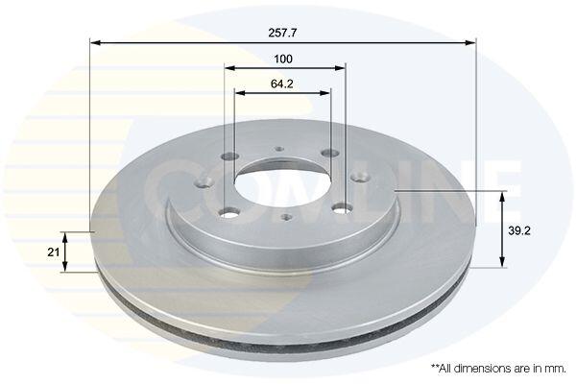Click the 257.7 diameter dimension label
tap(282, 33)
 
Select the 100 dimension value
tap(283, 59)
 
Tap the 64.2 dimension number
tap(281, 84)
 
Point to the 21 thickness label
tap(53, 252)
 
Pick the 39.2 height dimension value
tap(519, 230)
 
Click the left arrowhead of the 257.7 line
tap(95, 43)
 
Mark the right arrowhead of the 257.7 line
tap(470, 43)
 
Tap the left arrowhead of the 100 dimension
tap(229, 68)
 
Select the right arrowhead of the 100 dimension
tap(340, 68)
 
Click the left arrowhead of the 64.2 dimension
tap(240, 92)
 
